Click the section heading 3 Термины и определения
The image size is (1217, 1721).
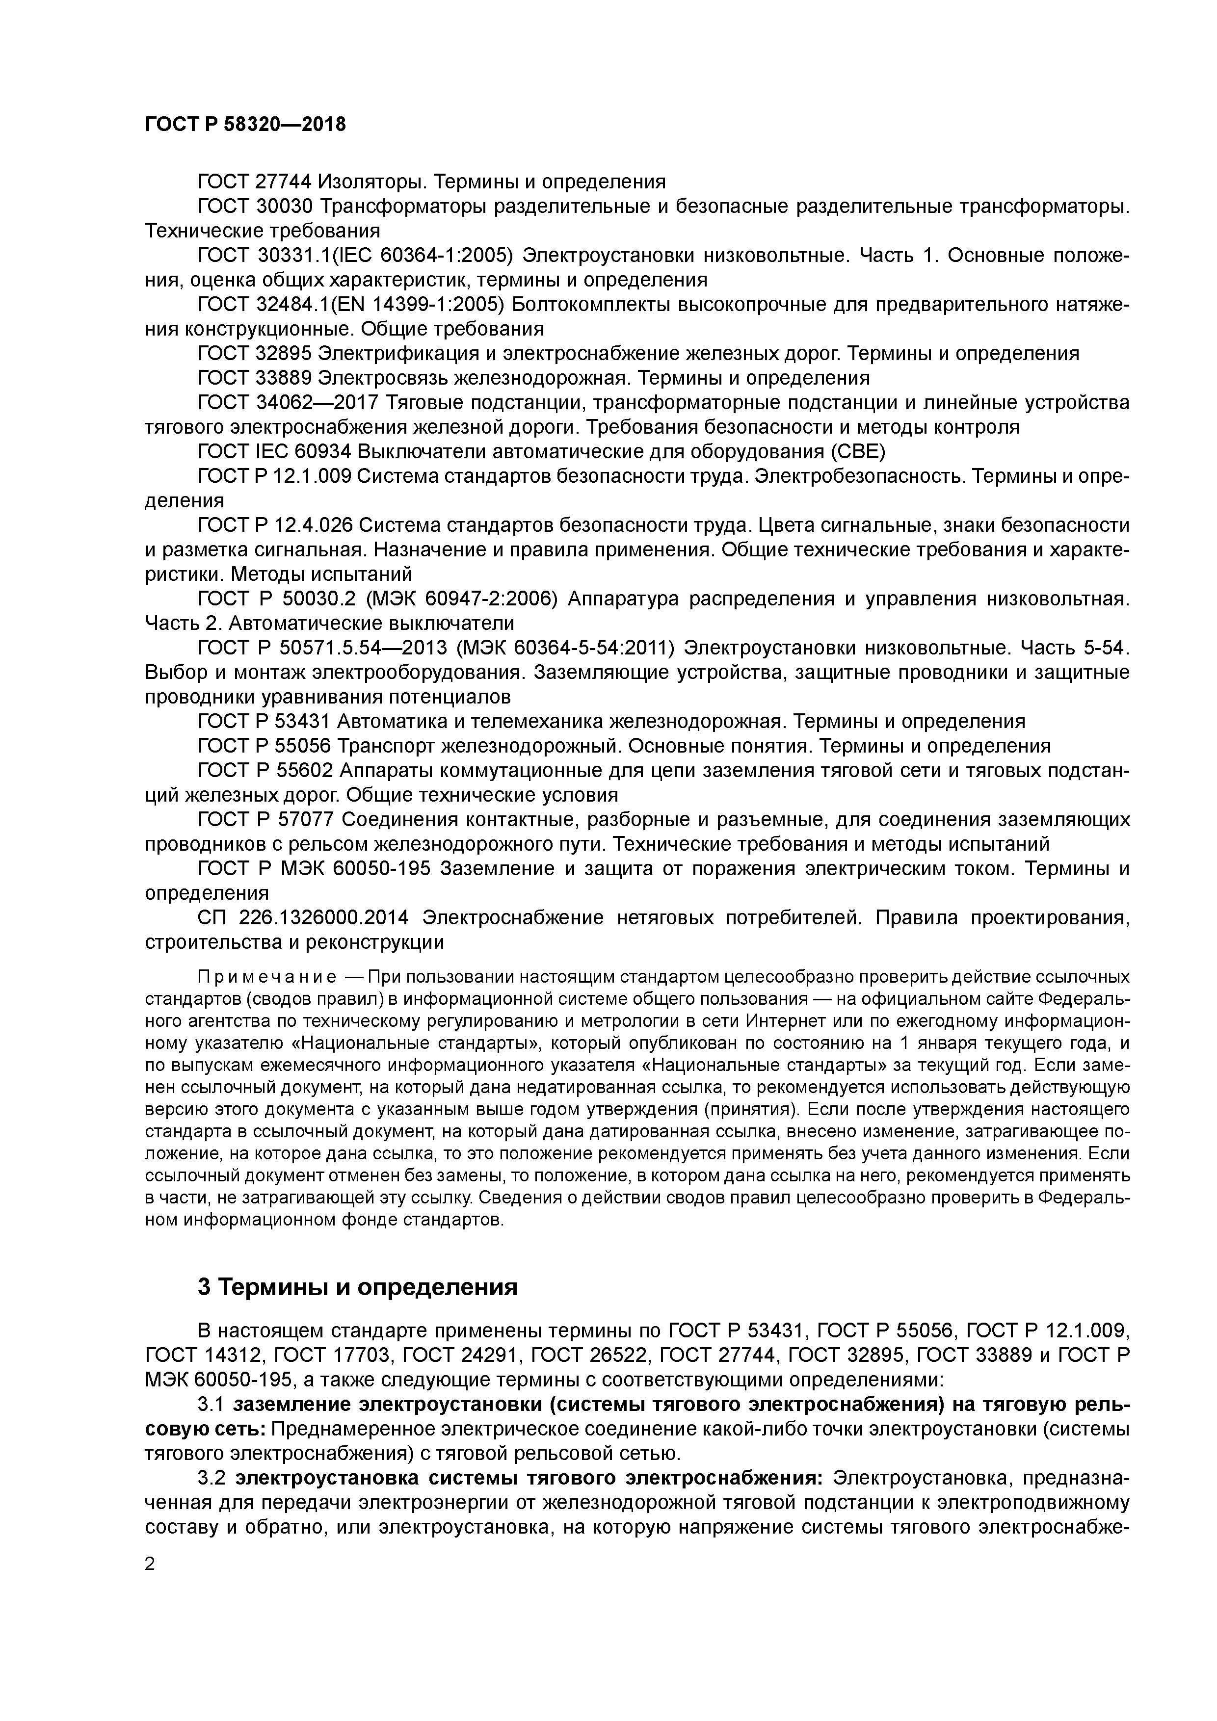point(358,1287)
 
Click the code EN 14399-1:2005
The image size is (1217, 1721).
point(425,304)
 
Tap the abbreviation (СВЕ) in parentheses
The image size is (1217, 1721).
point(859,451)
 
